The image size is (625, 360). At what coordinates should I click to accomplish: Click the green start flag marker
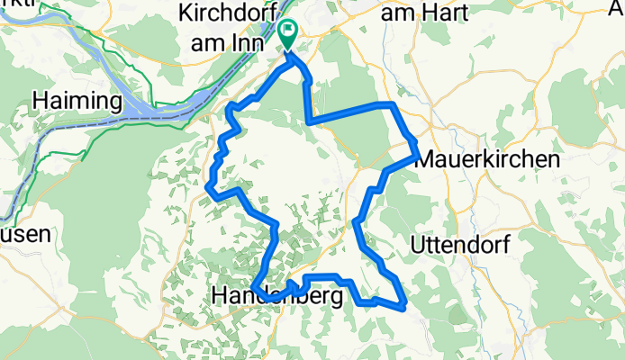[x=288, y=33]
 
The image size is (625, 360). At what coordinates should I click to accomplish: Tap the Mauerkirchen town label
[x=486, y=160]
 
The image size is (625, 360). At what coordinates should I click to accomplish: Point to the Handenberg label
[x=277, y=295]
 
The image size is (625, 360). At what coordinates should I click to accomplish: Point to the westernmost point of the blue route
[x=209, y=186]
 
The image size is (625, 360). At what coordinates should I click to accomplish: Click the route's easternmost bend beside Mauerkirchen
[x=416, y=156]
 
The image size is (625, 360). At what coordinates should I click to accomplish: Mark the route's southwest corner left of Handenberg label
[x=256, y=287]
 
